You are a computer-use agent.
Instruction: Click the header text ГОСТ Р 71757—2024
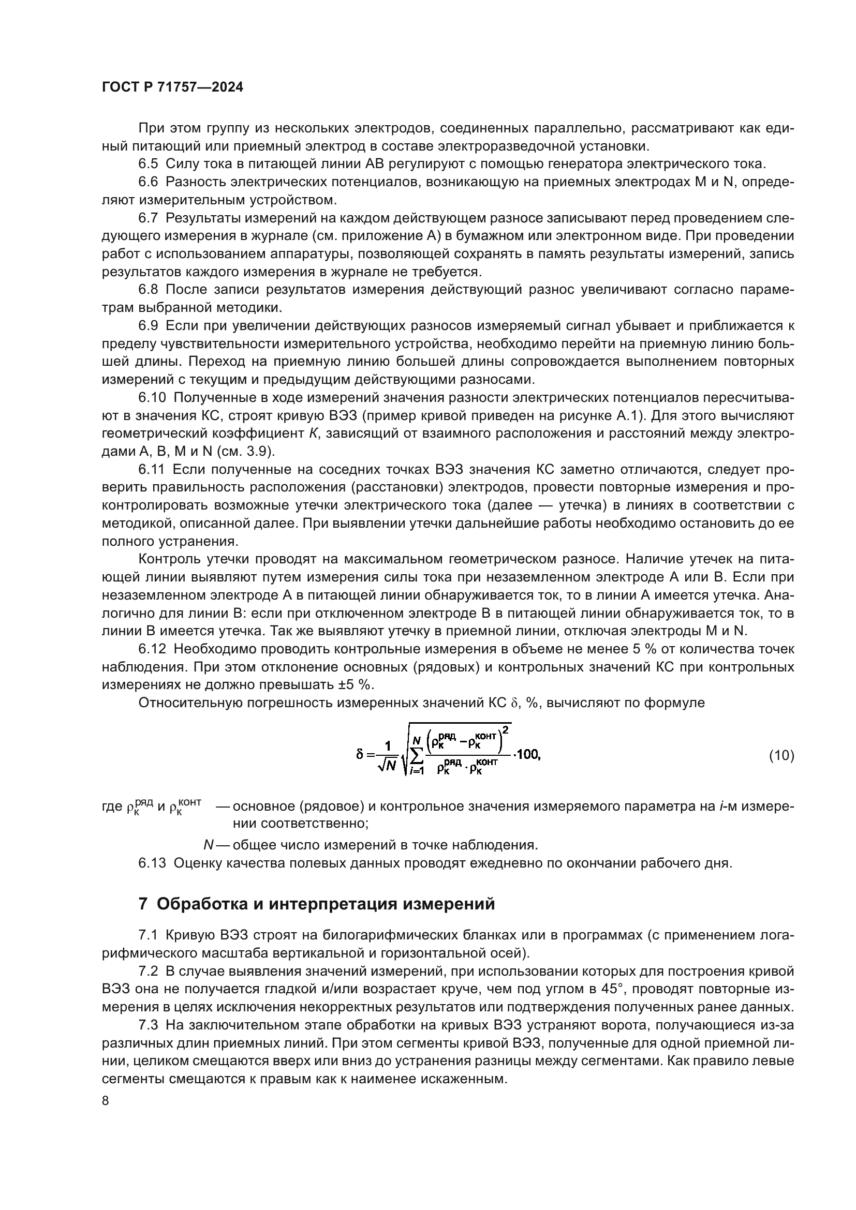coord(172,87)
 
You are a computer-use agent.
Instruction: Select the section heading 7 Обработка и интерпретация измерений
coord(316,904)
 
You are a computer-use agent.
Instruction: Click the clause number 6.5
coord(148,164)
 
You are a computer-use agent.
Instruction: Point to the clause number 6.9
coord(148,326)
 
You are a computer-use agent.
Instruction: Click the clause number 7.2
coord(148,972)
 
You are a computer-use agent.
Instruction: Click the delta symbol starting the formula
coord(360,755)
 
